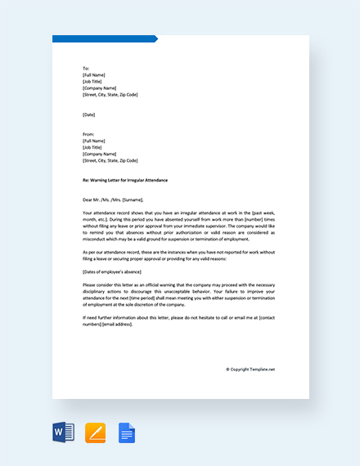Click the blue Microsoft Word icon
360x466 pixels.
(x=63, y=432)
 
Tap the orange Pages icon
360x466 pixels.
(x=96, y=432)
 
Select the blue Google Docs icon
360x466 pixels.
(x=127, y=432)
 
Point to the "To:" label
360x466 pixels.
(x=86, y=68)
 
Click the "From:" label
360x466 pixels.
(x=88, y=134)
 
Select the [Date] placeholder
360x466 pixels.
(x=89, y=114)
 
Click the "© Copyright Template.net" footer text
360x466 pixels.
(x=250, y=369)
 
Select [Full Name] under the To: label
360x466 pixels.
(x=95, y=74)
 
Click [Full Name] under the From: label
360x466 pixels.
(x=95, y=141)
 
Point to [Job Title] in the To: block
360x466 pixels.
(x=92, y=81)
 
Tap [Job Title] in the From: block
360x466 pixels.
(x=92, y=147)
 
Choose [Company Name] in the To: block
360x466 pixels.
(x=99, y=87)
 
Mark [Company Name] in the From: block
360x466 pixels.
(x=99, y=154)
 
